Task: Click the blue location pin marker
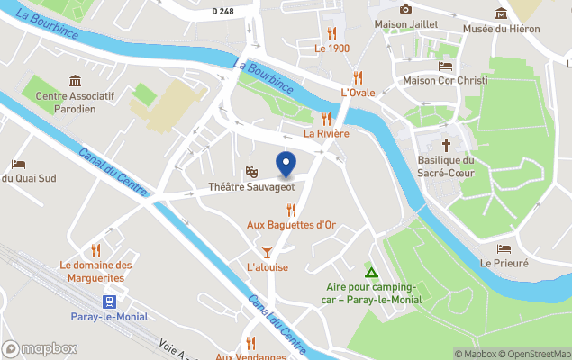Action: (x=286, y=166)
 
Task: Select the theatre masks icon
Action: (x=251, y=171)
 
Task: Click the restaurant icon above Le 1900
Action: (x=331, y=32)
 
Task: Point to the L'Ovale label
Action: (x=357, y=93)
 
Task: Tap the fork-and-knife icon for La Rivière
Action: (x=326, y=118)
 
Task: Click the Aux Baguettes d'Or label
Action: (x=291, y=225)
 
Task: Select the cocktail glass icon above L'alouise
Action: (x=267, y=250)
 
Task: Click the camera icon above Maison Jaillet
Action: (x=405, y=9)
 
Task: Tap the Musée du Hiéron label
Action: (x=502, y=29)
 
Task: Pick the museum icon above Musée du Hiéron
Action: (x=502, y=13)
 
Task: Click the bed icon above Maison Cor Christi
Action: (x=445, y=65)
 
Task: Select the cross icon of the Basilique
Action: (x=446, y=144)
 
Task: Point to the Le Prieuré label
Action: (x=504, y=263)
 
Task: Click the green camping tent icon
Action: (x=369, y=273)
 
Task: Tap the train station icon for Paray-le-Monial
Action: (x=109, y=301)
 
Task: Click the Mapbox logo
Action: (x=40, y=349)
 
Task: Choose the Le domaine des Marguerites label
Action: (x=95, y=271)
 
